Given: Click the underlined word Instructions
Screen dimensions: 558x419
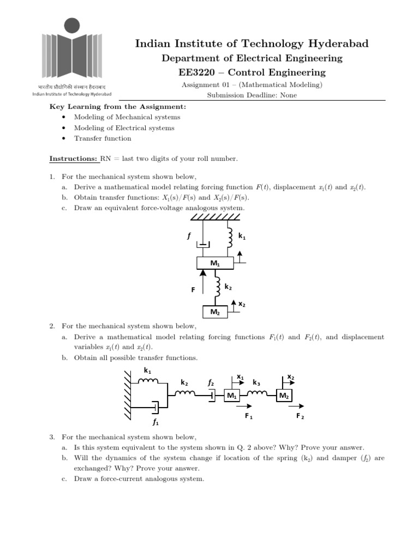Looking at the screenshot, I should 74,159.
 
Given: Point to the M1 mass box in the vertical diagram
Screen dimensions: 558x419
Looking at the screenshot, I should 214,264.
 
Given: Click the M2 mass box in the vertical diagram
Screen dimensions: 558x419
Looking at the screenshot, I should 214,312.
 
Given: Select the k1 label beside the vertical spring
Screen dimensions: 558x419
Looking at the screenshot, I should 243,235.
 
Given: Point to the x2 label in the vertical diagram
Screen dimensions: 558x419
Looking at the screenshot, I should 242,304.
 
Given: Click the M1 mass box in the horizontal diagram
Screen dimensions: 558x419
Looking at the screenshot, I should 232,396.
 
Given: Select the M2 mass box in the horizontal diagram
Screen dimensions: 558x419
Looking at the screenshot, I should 284,396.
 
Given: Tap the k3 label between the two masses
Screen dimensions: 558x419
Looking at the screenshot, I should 256,383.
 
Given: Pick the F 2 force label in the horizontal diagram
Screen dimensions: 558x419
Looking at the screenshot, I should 300,416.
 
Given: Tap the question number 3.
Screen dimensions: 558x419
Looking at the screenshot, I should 52,437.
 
